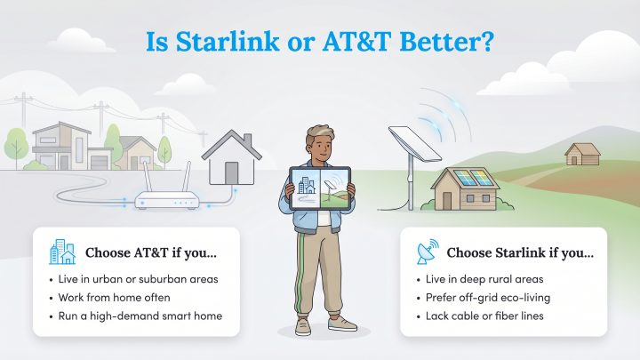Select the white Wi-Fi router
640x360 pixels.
[x=166, y=201]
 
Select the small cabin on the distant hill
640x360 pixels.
[x=582, y=153]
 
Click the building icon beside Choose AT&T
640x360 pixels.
[x=61, y=252]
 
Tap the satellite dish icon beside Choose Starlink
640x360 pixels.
[x=427, y=252]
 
